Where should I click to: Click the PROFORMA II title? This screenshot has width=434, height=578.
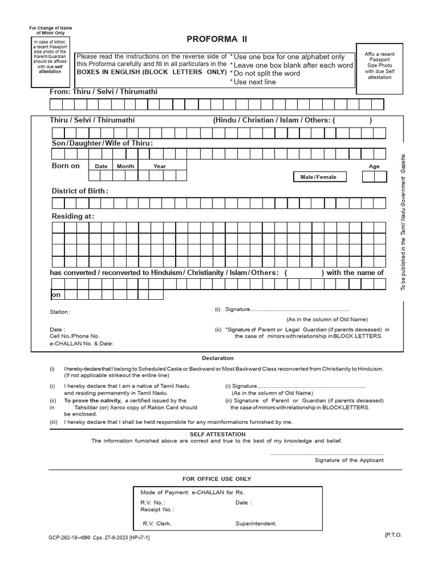pos(217,40)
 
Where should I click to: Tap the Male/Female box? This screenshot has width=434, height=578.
pos(318,177)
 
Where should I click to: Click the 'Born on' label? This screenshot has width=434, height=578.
pos(66,166)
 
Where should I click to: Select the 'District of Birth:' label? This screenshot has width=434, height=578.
pos(80,191)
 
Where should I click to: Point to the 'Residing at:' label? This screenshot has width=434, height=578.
pos(73,216)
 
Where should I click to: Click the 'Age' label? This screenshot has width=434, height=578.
pos(374,167)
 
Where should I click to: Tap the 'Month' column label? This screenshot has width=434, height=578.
pos(125,167)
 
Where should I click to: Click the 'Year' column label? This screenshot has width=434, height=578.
pos(160,167)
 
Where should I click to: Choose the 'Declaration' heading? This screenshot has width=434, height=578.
pos(218,358)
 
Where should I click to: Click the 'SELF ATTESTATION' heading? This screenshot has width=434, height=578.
pos(217,433)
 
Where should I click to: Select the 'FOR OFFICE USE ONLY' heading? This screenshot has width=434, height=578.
pos(216,479)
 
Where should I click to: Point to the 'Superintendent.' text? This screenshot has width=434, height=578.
pos(256,523)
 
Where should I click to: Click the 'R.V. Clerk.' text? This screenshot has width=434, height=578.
pos(157,523)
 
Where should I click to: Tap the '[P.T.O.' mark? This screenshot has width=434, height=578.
pos(393,533)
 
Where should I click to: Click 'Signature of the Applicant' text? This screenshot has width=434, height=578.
pos(349,460)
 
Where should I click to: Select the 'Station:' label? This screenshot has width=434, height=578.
pos(60,312)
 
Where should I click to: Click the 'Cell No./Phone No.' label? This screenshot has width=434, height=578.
pos(75,336)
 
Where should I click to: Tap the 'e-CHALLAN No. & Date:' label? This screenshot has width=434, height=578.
pos(81,343)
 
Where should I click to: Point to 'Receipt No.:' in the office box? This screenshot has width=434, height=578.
pos(157,509)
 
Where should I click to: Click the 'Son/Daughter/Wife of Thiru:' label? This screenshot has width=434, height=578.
pos(102,143)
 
